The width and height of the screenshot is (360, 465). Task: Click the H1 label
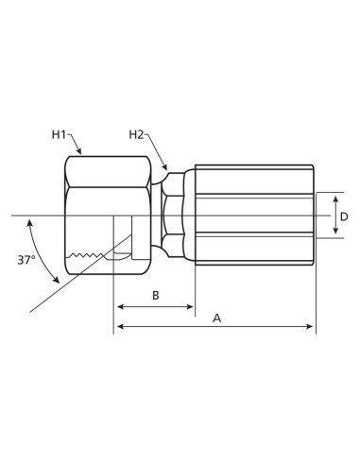point(59,135)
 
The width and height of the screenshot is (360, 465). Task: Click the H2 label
point(137,135)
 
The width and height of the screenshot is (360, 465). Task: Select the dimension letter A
point(216,319)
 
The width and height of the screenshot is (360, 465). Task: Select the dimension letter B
point(155,296)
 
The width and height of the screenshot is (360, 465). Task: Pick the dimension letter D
point(344,216)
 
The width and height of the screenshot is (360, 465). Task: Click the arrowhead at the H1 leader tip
point(82,152)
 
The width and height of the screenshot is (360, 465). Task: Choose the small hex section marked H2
point(172,215)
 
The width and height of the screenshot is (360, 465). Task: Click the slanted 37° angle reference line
point(66,287)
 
